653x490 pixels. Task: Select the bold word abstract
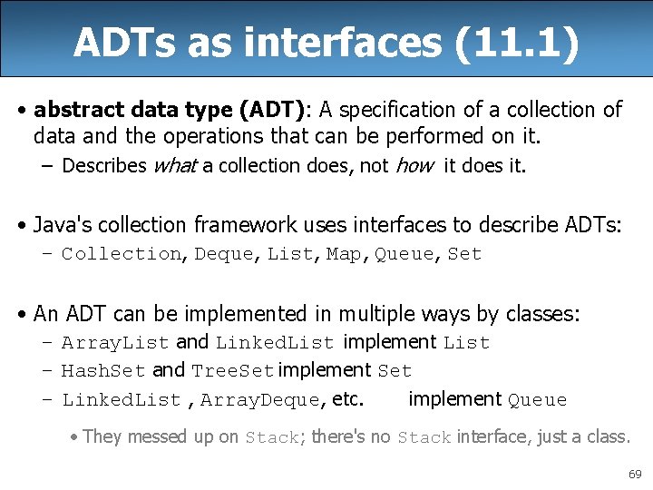tap(73, 110)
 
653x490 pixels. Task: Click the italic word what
tap(176, 165)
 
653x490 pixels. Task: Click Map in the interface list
tap(343, 254)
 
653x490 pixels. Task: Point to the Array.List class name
tap(115, 343)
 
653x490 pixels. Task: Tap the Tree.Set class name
tap(232, 371)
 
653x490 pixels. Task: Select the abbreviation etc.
tap(348, 399)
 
